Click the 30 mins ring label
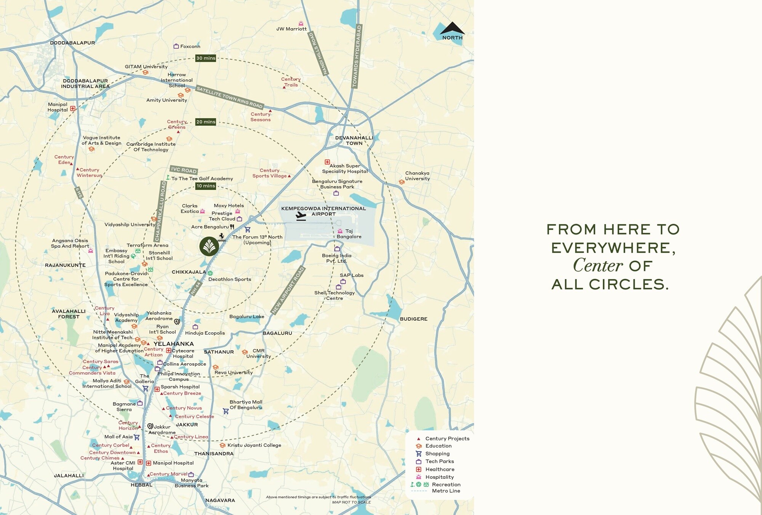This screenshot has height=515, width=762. (x=206, y=58)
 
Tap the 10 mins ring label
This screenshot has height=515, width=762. (x=206, y=186)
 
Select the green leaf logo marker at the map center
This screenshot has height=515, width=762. (x=209, y=246)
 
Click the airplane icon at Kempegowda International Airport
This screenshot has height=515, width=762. (x=301, y=216)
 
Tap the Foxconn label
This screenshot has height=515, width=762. (x=190, y=47)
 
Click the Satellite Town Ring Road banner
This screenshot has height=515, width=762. (x=229, y=97)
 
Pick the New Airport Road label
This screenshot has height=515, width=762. (x=288, y=290)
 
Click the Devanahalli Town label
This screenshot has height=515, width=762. (x=354, y=141)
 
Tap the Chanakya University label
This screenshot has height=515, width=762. (x=417, y=176)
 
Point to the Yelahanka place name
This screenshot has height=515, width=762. (x=174, y=344)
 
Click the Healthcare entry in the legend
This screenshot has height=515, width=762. (x=440, y=469)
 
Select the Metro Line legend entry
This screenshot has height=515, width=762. (x=446, y=491)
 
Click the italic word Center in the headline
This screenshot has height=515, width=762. (x=598, y=266)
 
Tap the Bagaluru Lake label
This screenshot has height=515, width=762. (x=247, y=317)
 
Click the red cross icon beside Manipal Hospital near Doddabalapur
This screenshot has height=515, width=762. (x=73, y=108)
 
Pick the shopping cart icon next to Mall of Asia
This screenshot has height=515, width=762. (x=137, y=437)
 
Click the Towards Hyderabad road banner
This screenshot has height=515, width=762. (x=357, y=56)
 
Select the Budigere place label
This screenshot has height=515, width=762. (x=413, y=319)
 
